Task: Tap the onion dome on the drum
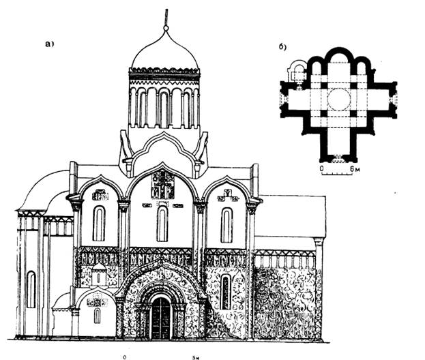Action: (x=164, y=52)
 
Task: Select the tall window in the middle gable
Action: (x=162, y=224)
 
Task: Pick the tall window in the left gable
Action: (x=99, y=223)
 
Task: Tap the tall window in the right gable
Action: (x=226, y=224)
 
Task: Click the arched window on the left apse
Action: (x=31, y=289)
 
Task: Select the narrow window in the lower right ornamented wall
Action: (x=225, y=292)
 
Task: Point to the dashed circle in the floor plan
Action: (x=338, y=100)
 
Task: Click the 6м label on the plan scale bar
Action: (x=354, y=167)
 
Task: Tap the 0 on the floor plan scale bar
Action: (x=321, y=167)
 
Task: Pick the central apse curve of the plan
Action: (x=338, y=54)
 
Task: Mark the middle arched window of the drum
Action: (x=164, y=108)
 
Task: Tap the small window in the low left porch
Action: (x=97, y=315)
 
